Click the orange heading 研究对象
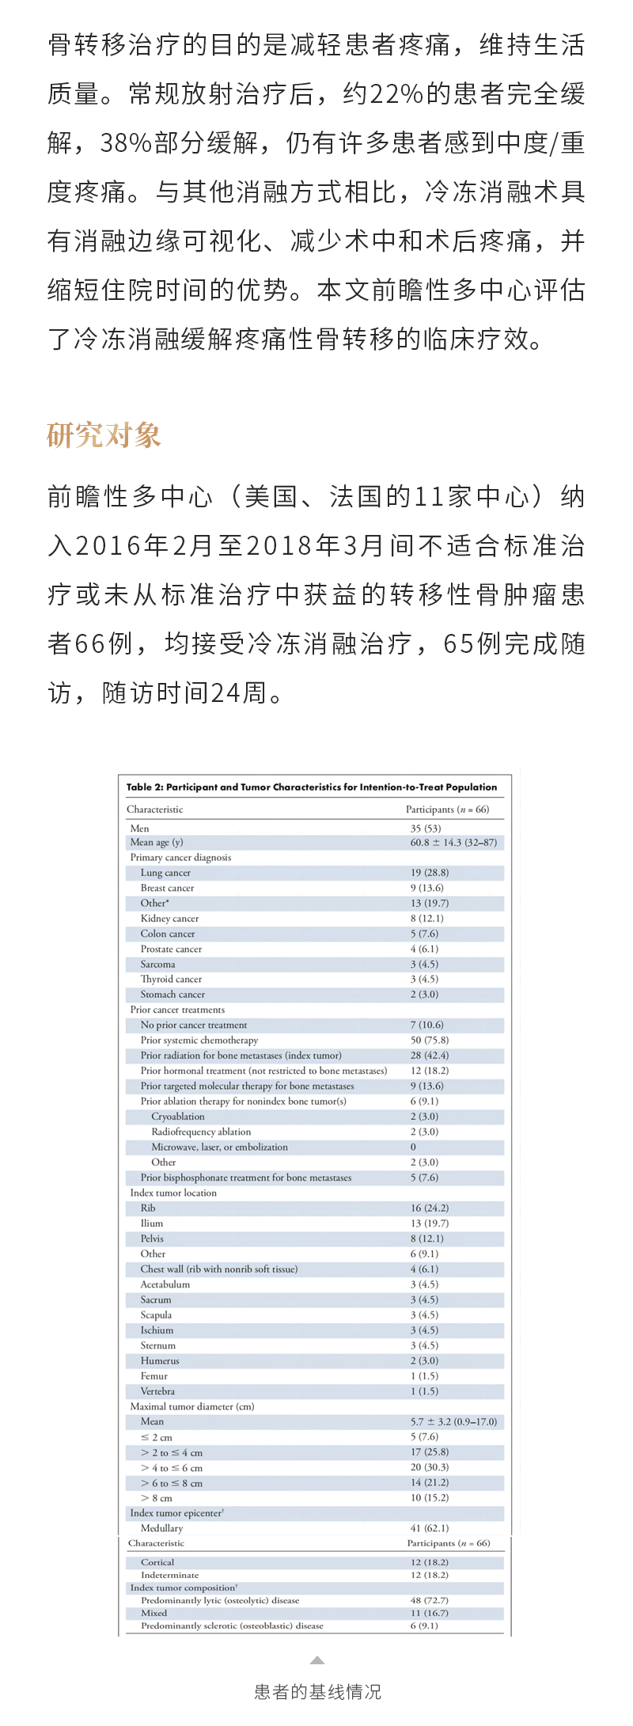[104, 434]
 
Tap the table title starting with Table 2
[312, 787]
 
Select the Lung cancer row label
[165, 872]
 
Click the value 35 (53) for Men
[426, 828]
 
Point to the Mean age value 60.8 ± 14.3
[453, 842]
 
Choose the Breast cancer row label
[167, 888]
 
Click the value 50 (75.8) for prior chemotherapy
[429, 1040]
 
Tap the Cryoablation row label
[178, 1116]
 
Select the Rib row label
[148, 1208]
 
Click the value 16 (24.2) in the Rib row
[429, 1208]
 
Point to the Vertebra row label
[157, 1390]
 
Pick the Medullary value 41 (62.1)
[429, 1527]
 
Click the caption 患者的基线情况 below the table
[317, 1691]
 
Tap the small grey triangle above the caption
[317, 1660]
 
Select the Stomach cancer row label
[172, 994]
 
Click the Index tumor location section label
[173, 1193]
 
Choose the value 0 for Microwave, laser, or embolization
[413, 1147]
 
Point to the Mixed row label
[154, 1612]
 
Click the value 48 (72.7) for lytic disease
[429, 1599]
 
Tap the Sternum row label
[158, 1345]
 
